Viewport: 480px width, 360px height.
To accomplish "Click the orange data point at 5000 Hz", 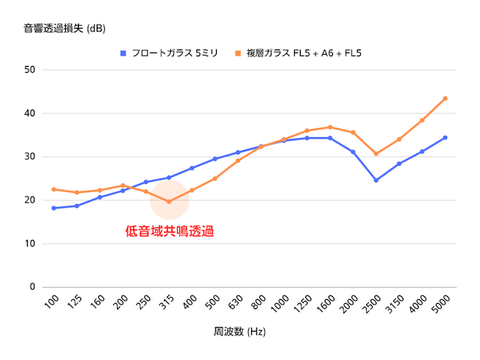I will pos(445,98).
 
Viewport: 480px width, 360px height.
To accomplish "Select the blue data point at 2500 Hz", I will pos(376,180).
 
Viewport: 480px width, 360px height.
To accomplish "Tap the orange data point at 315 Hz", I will pos(169,202).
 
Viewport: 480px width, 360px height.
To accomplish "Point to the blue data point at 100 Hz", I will pos(54,208).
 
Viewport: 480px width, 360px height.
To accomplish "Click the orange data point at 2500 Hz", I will pos(376,154).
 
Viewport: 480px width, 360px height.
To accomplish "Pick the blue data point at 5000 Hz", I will pos(445,137).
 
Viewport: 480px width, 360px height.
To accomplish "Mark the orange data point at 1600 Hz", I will pos(330,127).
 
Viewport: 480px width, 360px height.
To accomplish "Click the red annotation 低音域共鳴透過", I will pos(169,232).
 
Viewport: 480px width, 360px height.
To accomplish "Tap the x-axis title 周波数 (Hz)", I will pos(240,331).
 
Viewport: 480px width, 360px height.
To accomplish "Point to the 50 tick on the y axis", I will pos(30,70).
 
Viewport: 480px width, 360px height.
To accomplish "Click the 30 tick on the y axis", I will pos(30,157).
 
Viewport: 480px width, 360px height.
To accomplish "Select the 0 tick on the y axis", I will pos(32,286).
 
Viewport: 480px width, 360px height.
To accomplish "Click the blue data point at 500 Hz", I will pos(215,159).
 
